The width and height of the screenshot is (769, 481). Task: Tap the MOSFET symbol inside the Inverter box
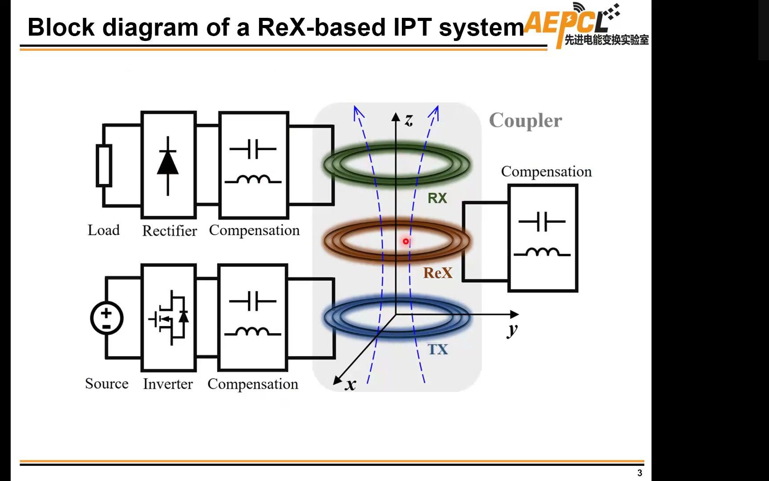click(169, 317)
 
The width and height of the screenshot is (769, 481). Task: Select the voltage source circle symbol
click(107, 318)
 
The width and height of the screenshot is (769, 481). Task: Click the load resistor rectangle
click(104, 165)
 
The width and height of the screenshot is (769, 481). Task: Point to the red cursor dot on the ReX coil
click(406, 241)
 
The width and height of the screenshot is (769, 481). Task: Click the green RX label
click(437, 198)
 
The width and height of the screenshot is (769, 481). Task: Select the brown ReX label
click(437, 273)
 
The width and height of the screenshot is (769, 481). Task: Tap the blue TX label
click(437, 349)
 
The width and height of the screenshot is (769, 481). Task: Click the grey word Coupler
click(525, 121)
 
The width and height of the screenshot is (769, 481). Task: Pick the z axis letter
click(409, 119)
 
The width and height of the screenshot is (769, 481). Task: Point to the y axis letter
click(513, 330)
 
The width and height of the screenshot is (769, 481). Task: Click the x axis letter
click(351, 384)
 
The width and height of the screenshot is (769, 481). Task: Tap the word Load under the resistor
click(104, 230)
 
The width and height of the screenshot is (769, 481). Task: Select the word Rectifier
click(169, 231)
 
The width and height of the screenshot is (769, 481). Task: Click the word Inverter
click(168, 384)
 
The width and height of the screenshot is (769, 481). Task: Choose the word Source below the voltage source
click(107, 383)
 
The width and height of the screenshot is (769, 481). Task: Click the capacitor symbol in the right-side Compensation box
click(542, 221)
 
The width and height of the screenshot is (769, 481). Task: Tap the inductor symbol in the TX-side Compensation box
click(252, 332)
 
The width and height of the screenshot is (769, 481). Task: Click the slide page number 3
click(640, 473)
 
